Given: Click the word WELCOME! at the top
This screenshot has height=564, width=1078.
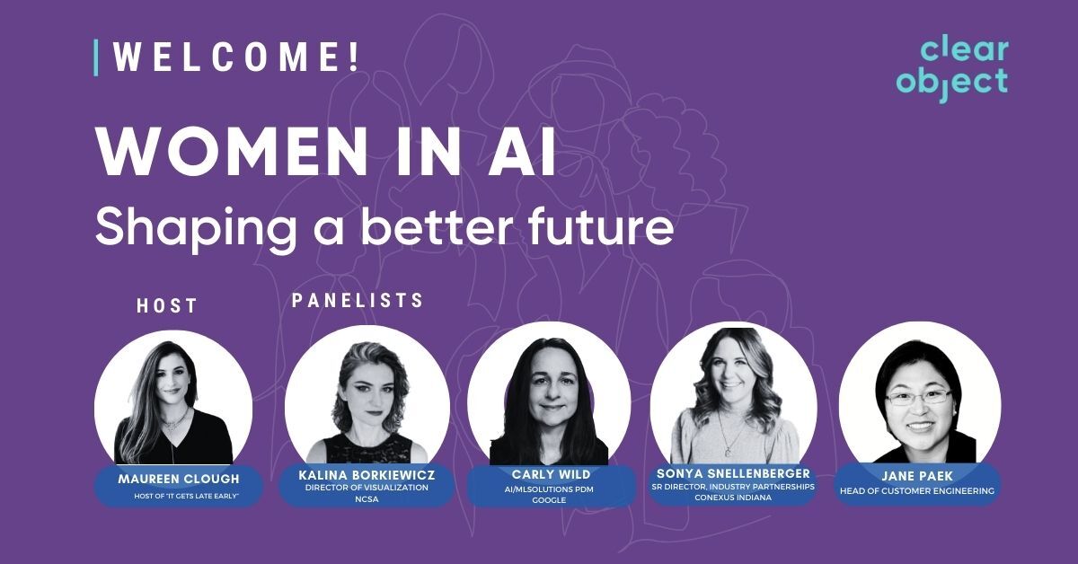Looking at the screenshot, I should [236, 57].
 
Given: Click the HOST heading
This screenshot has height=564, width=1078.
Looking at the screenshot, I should [166, 306].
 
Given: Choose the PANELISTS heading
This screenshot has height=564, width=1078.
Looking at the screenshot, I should [358, 301].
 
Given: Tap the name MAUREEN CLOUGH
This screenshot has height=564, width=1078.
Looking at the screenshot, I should [178, 480].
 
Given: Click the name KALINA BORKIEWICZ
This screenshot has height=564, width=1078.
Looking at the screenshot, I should [367, 473].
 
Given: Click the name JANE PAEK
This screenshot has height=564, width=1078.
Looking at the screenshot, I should [919, 477].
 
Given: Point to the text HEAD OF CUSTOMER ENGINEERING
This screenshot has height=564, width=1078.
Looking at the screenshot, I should [919, 491].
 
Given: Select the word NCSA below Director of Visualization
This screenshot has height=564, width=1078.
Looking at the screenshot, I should [367, 499].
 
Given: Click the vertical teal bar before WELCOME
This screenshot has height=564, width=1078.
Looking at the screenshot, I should [96, 57].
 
